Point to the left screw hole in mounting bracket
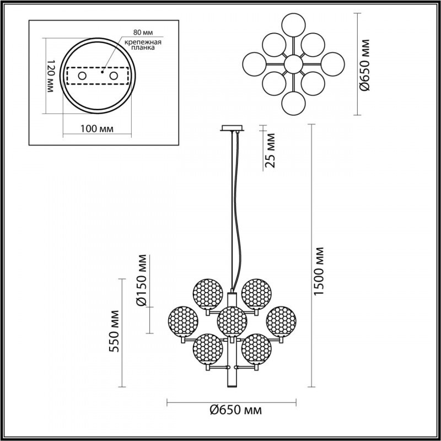coord(81,76)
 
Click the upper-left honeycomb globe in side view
coord(207,293)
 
